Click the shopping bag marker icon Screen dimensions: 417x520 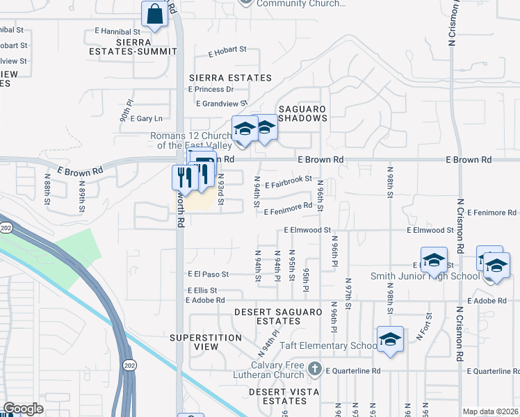154,14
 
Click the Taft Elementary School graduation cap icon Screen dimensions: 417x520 391,339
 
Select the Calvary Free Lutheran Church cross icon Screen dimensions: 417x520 314,368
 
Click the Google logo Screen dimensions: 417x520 23,409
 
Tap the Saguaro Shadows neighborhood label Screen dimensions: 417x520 302,113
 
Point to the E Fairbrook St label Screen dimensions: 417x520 288,179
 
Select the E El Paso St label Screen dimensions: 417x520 208,275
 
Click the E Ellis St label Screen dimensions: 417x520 202,290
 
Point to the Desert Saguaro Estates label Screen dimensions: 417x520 277,317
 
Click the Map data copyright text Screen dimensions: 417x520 490,411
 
